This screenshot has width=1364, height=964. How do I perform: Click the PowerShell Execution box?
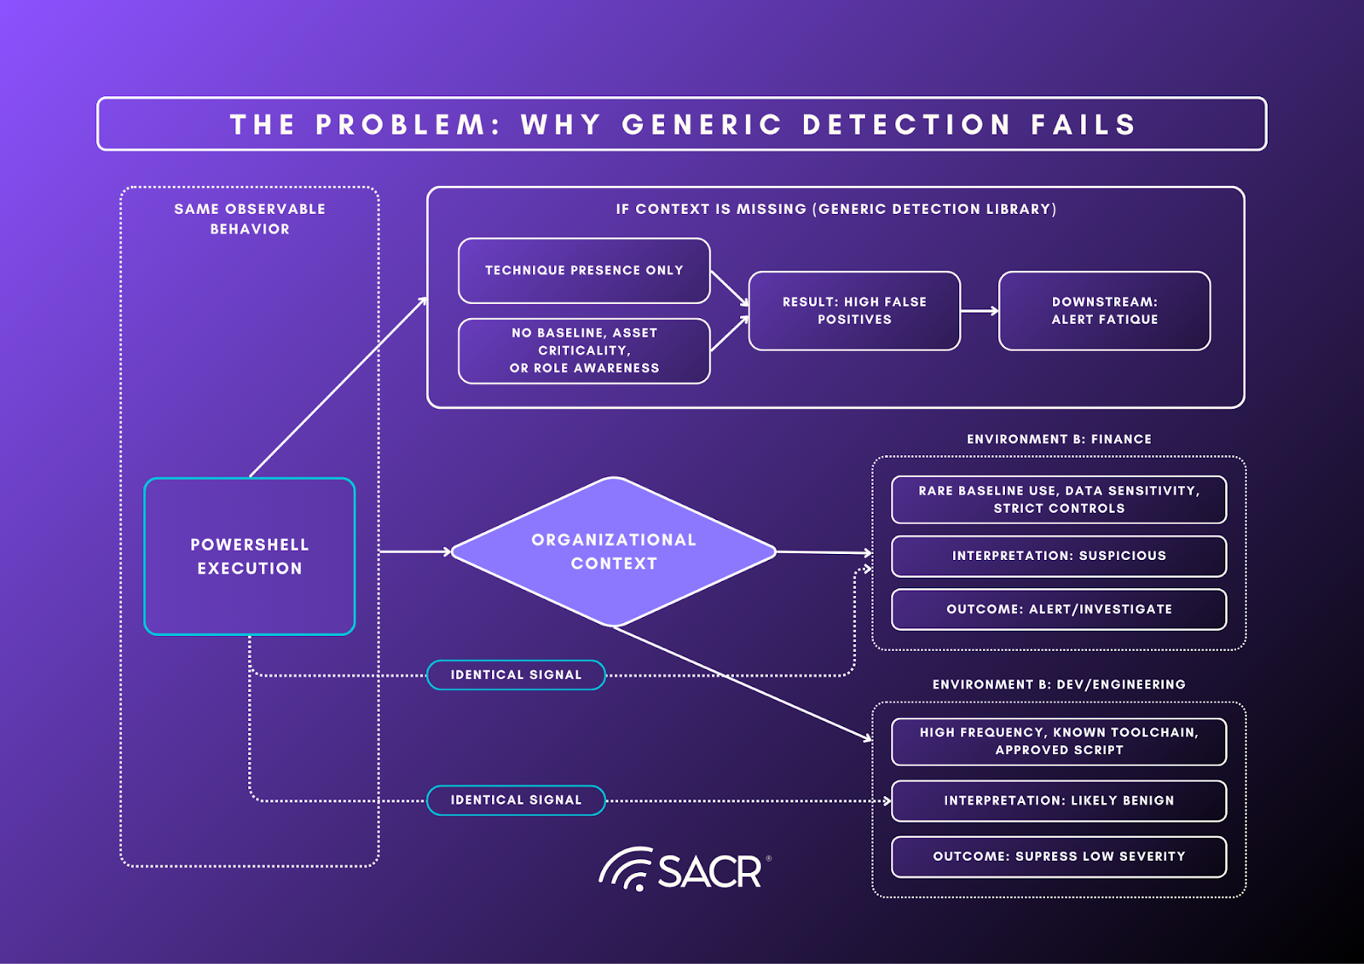click(250, 556)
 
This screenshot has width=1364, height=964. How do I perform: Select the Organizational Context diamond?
click(614, 551)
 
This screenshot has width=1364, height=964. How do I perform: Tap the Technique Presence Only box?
click(584, 270)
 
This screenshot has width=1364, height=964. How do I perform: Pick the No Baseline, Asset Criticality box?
click(584, 350)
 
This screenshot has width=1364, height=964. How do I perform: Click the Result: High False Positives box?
click(854, 310)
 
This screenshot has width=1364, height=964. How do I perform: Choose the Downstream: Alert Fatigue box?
click(1104, 310)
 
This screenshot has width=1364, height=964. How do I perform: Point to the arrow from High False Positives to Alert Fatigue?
click(980, 311)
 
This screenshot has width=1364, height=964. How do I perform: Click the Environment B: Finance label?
click(1059, 439)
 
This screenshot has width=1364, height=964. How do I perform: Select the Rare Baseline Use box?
click(1059, 499)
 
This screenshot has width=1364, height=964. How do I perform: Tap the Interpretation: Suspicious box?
click(1059, 556)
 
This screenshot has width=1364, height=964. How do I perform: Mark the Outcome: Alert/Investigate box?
click(1059, 609)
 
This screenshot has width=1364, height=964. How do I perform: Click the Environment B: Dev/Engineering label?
click(1059, 684)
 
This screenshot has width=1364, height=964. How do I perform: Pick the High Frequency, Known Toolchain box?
click(1059, 742)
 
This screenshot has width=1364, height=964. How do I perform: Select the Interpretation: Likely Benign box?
click(1059, 800)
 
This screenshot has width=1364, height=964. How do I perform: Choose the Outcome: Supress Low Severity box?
click(1059, 857)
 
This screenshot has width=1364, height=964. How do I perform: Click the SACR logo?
click(685, 869)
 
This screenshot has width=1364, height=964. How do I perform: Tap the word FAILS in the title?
click(1084, 124)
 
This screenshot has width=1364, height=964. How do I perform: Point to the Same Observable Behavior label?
click(250, 219)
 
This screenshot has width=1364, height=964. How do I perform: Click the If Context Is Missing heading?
click(835, 209)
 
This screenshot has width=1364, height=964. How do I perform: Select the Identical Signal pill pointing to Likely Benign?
click(516, 800)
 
